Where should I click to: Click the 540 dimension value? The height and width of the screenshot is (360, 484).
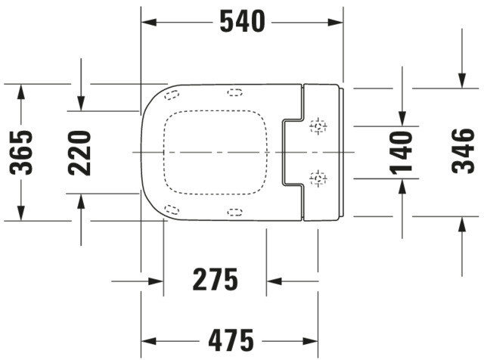click(x=242, y=21)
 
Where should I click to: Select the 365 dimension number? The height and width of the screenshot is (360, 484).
click(x=21, y=153)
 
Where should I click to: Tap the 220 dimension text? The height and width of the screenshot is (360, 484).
click(x=79, y=153)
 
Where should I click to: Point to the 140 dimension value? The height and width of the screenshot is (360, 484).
click(x=402, y=153)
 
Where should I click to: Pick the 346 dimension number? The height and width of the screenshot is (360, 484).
click(x=462, y=151)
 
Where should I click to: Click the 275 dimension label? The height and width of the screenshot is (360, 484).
click(x=215, y=280)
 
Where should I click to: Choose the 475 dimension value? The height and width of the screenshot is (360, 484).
click(x=231, y=340)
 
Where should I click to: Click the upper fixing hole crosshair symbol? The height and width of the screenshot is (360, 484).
click(x=318, y=126)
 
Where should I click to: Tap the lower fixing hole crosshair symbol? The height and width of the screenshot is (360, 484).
click(x=318, y=178)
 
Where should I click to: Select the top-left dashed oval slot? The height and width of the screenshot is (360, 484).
click(x=172, y=95)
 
